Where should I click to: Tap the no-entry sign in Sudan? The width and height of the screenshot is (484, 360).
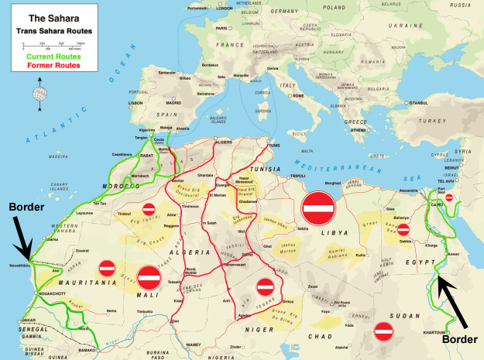(384, 331)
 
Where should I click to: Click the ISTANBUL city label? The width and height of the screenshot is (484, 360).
(419, 103)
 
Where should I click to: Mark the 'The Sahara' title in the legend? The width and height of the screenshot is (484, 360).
(52, 15)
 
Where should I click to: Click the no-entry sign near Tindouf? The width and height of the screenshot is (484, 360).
(149, 209)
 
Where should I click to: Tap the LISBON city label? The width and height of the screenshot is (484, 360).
(136, 102)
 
